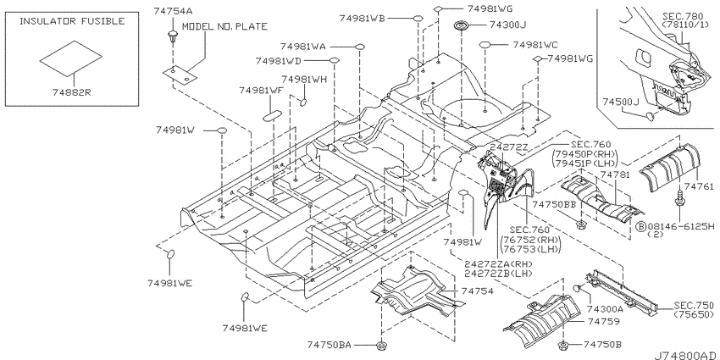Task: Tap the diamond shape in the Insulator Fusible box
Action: tap(70, 58)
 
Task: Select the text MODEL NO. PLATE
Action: tap(224, 26)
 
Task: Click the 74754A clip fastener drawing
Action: tap(173, 38)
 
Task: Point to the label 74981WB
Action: tap(363, 19)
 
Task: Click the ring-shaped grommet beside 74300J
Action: tap(462, 25)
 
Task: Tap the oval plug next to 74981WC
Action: tap(486, 45)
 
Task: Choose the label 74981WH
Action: tap(304, 80)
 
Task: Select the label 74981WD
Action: tap(279, 61)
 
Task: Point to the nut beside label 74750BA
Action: tap(380, 345)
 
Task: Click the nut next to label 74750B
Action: tap(562, 345)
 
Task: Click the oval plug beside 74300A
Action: tap(578, 288)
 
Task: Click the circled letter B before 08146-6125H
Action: tap(640, 226)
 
